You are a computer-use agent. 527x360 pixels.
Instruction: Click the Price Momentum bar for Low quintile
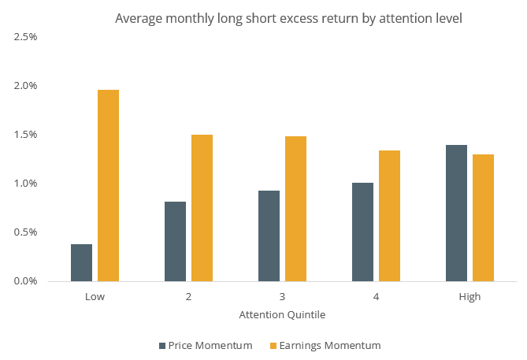pos(81,262)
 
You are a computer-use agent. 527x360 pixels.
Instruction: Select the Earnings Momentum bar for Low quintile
pos(108,186)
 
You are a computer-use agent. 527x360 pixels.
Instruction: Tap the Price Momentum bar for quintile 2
pos(175,241)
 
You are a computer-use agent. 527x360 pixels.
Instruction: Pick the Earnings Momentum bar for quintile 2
pos(202,208)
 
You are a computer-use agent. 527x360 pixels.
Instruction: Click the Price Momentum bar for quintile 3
pos(269,236)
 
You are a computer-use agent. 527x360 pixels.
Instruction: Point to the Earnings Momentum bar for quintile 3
pos(295,209)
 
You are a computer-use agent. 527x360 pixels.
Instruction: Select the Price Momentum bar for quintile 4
pos(362,232)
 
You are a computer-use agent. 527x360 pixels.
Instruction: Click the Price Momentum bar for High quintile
pos(456,213)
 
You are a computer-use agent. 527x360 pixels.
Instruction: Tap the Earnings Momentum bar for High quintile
pos(483,217)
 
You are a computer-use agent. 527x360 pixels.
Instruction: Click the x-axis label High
pos(469,297)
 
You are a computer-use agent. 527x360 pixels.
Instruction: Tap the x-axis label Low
pos(95,297)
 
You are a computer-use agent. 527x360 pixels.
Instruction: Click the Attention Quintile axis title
pos(282,314)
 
